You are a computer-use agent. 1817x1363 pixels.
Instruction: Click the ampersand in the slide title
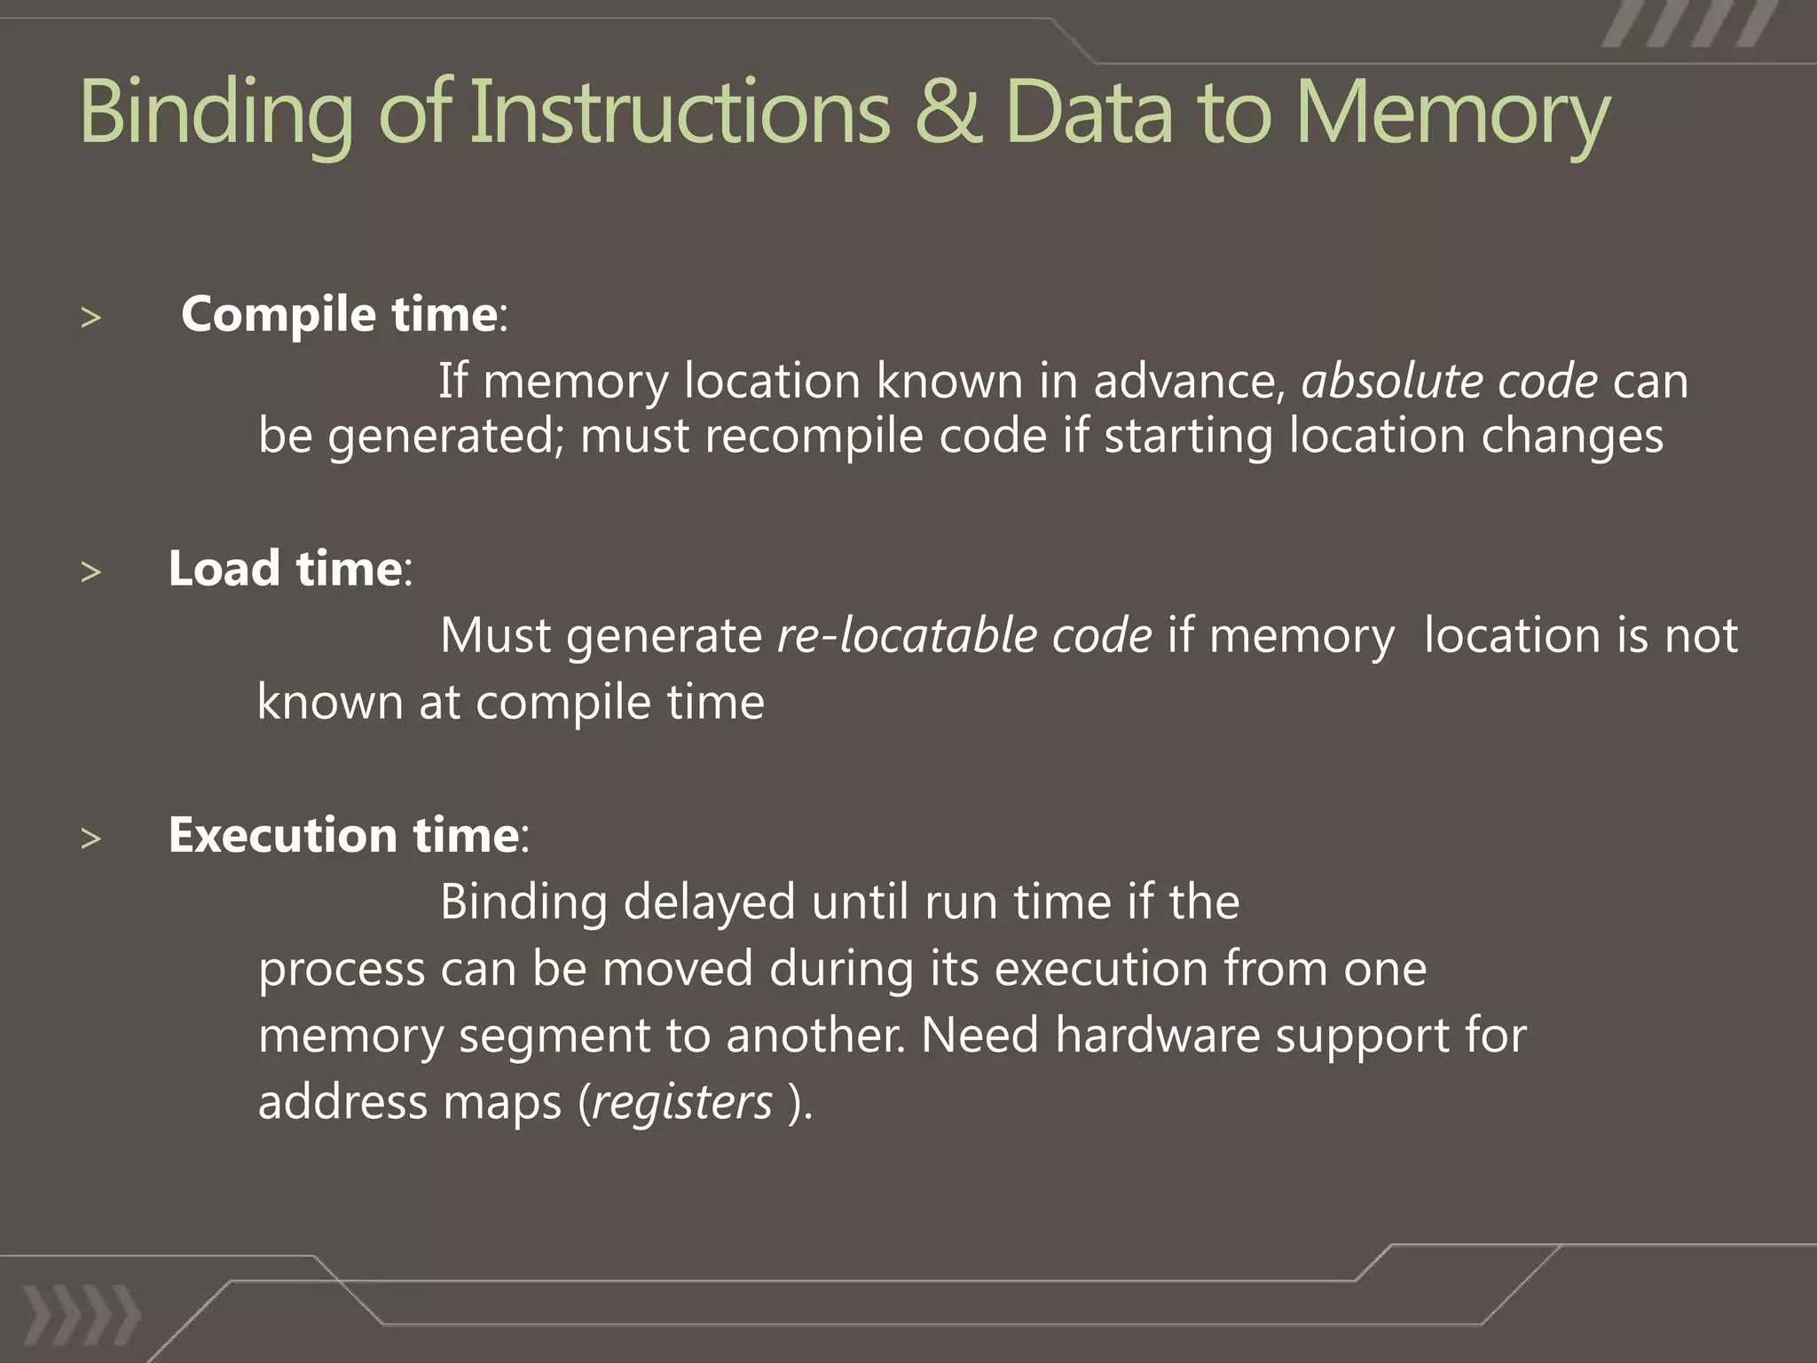[x=948, y=112]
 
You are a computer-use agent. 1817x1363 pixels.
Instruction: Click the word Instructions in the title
[x=679, y=112]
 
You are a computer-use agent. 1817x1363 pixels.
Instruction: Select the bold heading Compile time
[x=339, y=314]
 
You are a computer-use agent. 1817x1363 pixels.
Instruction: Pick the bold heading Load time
[x=285, y=568]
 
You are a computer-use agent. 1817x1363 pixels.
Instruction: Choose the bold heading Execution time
[x=343, y=835]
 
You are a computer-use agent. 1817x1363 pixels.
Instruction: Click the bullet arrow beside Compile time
[x=90, y=318]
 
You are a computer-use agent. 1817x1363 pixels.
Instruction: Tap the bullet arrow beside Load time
[x=90, y=571]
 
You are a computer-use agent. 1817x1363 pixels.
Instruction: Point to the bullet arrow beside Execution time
[x=90, y=838]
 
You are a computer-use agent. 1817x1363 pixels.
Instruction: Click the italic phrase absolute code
[x=1449, y=381]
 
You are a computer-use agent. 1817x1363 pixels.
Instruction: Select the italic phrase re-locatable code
[x=964, y=635]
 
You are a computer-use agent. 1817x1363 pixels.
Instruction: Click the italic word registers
[x=681, y=1102]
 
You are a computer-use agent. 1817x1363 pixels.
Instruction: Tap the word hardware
[x=1157, y=1035]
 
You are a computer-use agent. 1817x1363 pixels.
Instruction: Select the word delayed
[x=709, y=903]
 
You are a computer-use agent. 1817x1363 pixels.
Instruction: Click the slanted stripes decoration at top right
[x=1689, y=25]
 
